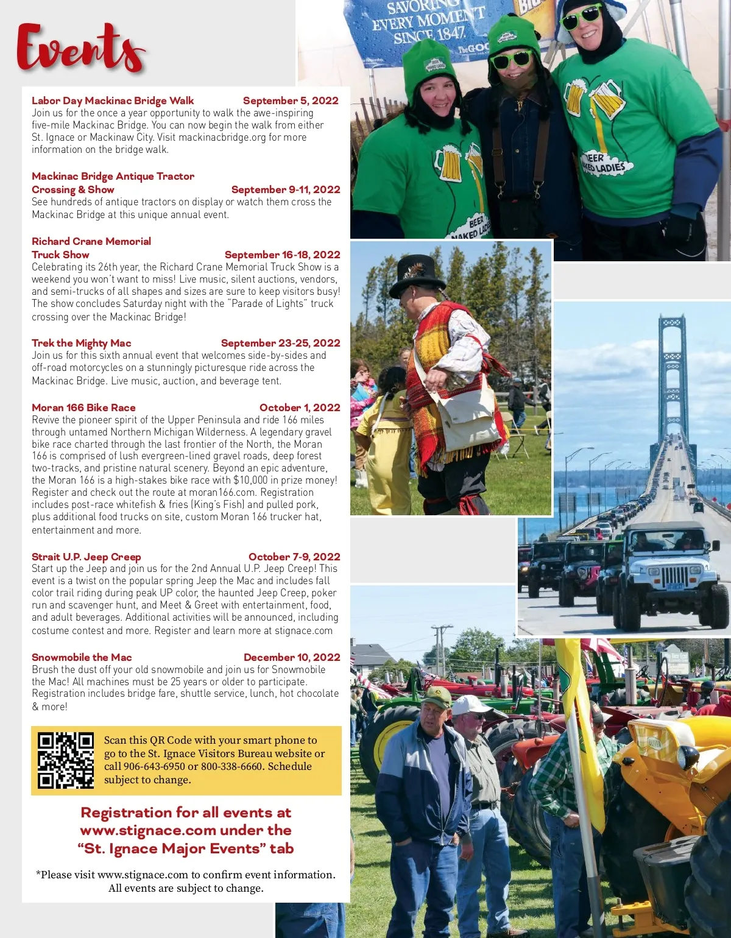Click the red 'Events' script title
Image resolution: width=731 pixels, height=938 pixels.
(81, 49)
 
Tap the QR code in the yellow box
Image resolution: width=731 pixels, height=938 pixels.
(66, 760)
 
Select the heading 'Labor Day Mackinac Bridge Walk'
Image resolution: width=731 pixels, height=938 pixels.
(113, 100)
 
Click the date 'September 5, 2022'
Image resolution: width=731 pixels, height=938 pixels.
(291, 100)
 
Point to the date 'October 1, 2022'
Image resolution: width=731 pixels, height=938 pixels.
(300, 407)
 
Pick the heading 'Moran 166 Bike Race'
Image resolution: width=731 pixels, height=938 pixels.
(83, 407)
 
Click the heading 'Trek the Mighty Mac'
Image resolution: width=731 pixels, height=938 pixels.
(82, 343)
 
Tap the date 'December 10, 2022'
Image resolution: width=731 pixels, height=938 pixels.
(292, 657)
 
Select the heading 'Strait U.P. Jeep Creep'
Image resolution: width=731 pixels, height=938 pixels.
(86, 557)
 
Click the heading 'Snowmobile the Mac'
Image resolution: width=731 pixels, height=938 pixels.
(82, 657)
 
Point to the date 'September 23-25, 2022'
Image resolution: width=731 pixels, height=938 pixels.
(280, 343)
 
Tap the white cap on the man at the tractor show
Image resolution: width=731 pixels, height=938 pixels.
(470, 705)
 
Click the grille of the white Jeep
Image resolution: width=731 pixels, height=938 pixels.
(674, 576)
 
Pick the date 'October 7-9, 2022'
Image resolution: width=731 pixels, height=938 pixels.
(294, 557)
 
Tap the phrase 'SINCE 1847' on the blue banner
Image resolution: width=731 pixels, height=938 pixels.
(429, 35)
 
